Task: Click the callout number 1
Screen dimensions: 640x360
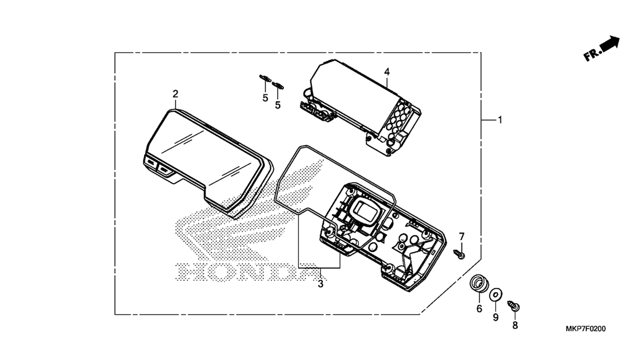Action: [x=500, y=120]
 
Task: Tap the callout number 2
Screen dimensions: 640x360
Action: [x=175, y=94]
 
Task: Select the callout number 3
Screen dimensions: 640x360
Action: [x=320, y=284]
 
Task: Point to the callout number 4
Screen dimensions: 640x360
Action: [x=387, y=72]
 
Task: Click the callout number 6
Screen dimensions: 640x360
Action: [x=479, y=308]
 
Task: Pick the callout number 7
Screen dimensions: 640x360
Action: [x=461, y=237]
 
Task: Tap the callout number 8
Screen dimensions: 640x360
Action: [x=515, y=325]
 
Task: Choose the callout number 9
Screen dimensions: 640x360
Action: [x=495, y=317]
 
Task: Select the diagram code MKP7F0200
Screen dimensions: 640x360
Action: [x=586, y=329]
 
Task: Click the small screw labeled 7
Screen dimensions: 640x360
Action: [x=459, y=254]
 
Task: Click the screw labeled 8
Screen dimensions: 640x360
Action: [x=513, y=306]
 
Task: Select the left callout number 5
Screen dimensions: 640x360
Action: [x=266, y=98]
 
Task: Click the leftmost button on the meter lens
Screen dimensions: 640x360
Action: [x=151, y=162]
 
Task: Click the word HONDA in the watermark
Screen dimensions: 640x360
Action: [x=246, y=272]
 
